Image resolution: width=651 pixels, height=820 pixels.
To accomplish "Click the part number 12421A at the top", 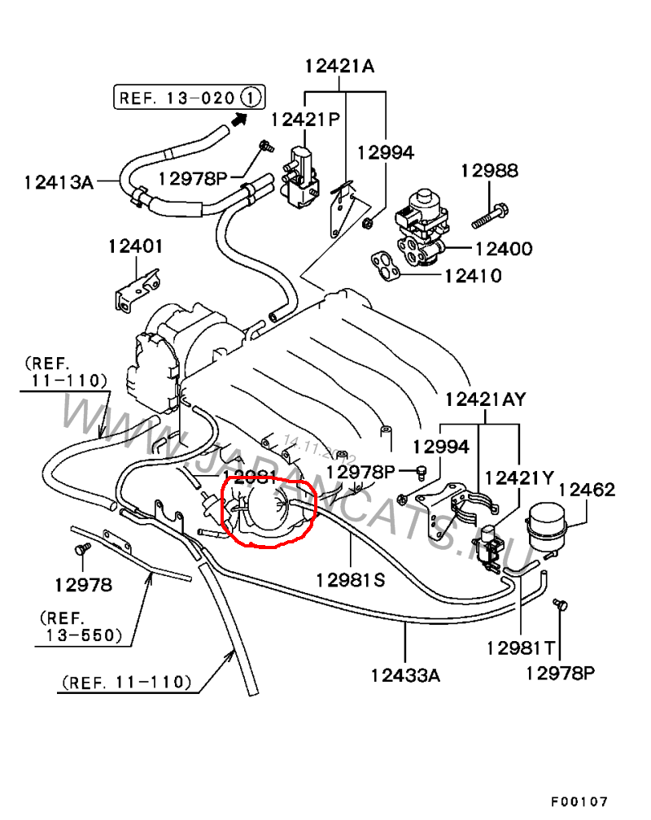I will pos(340,67).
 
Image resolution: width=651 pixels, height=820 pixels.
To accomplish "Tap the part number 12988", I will pos(489,171).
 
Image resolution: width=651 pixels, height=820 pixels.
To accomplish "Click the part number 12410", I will pos(473,275).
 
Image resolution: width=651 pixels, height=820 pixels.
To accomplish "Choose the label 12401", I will pos(137,246).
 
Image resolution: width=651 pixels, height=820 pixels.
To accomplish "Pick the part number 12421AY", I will pos(485,399).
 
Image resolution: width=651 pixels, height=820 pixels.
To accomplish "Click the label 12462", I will pos(587,490).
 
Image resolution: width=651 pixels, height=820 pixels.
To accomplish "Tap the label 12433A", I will pos(405,674).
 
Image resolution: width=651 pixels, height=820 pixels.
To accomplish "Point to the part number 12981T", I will pos(521,648).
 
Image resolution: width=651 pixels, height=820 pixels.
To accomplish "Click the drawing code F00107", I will pos(579,802).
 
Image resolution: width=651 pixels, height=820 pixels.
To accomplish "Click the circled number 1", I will pos(251,98).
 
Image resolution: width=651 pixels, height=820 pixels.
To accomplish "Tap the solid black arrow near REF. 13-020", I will pos(238,120).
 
